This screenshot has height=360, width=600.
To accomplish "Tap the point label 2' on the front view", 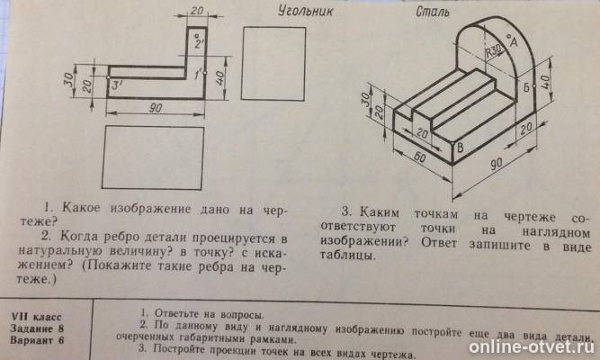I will [199, 40].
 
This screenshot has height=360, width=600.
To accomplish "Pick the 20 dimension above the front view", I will [197, 11].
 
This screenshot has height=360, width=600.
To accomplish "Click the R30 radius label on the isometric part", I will [491, 53].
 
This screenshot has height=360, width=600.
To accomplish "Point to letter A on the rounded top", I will [512, 40].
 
